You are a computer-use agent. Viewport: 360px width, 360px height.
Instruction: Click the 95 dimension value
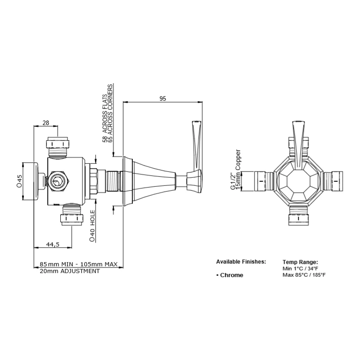pos(162,98)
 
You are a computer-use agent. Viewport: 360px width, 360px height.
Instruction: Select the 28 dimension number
pos(45,123)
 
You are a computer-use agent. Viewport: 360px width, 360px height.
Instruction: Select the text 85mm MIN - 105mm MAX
pos(79,264)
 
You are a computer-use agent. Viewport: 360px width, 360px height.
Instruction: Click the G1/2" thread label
pos(233,180)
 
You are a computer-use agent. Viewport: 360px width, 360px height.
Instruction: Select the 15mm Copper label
pos(239,170)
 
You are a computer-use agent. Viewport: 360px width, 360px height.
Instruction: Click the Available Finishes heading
pos(241,261)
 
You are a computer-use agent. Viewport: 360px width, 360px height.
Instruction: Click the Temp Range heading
pos(300,261)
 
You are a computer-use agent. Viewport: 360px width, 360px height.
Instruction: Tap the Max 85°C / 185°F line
pos(305,275)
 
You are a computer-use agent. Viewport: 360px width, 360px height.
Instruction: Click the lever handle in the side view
pos(196,144)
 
